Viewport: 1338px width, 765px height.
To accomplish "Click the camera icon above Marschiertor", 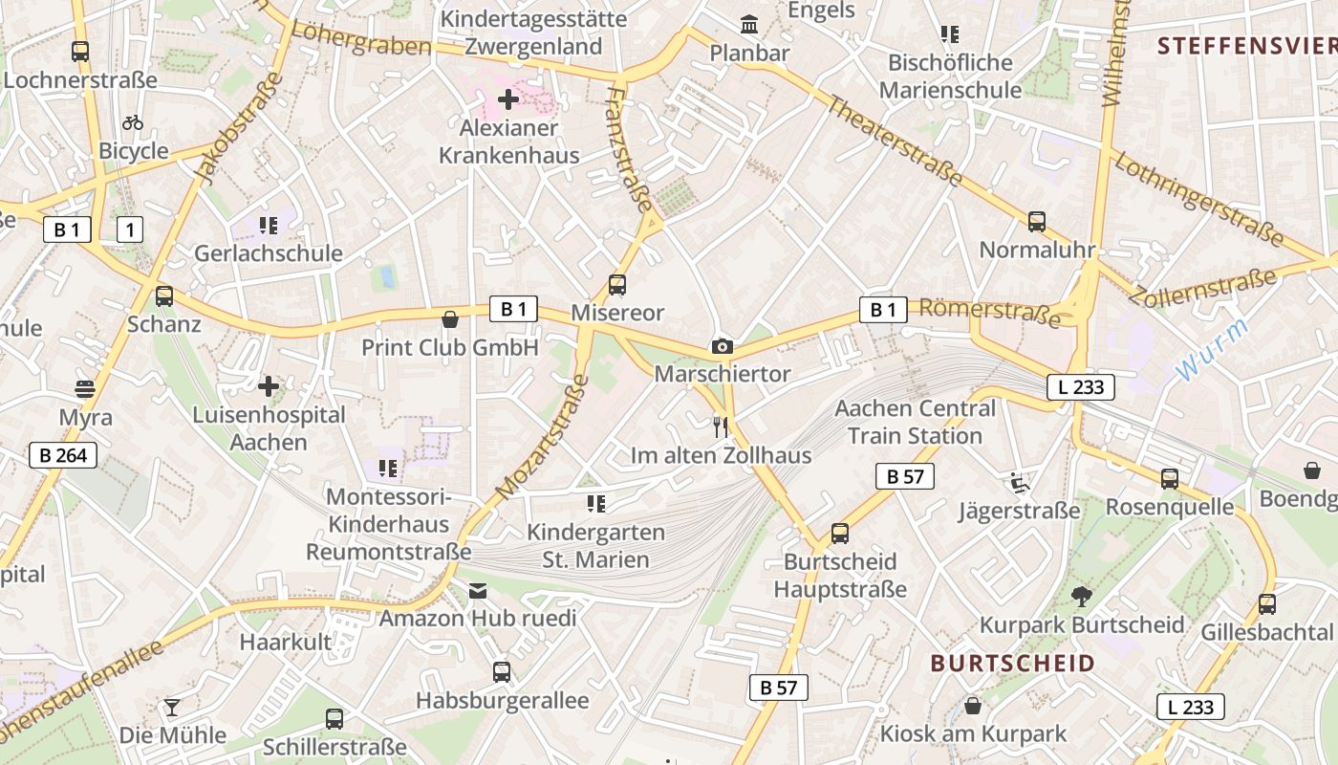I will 723,346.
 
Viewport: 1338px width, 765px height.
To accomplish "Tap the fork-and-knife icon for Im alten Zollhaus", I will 721,426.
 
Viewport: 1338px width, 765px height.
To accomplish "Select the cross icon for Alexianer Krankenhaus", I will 508,99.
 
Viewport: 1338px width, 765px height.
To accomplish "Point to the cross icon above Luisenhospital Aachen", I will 269,386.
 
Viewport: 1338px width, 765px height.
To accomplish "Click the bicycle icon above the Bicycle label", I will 133,122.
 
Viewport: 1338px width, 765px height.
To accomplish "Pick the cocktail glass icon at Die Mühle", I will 172,708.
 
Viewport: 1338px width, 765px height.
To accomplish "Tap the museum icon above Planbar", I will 749,24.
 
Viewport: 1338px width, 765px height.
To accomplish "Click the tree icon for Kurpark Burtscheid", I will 1082,597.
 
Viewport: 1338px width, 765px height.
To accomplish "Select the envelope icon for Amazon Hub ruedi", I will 478,591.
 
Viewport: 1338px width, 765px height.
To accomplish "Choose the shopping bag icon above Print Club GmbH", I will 450,318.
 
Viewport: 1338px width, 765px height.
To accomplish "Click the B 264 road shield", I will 63,455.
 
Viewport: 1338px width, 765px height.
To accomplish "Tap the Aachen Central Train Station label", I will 915,422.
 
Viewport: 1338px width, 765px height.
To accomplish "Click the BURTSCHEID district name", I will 1012,664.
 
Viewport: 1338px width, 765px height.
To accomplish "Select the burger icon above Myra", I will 85,389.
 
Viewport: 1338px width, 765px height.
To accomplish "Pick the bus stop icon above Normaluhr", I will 1037,222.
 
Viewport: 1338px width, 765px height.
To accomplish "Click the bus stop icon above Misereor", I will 617,285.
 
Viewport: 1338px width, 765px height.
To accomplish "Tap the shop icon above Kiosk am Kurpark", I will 973,707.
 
